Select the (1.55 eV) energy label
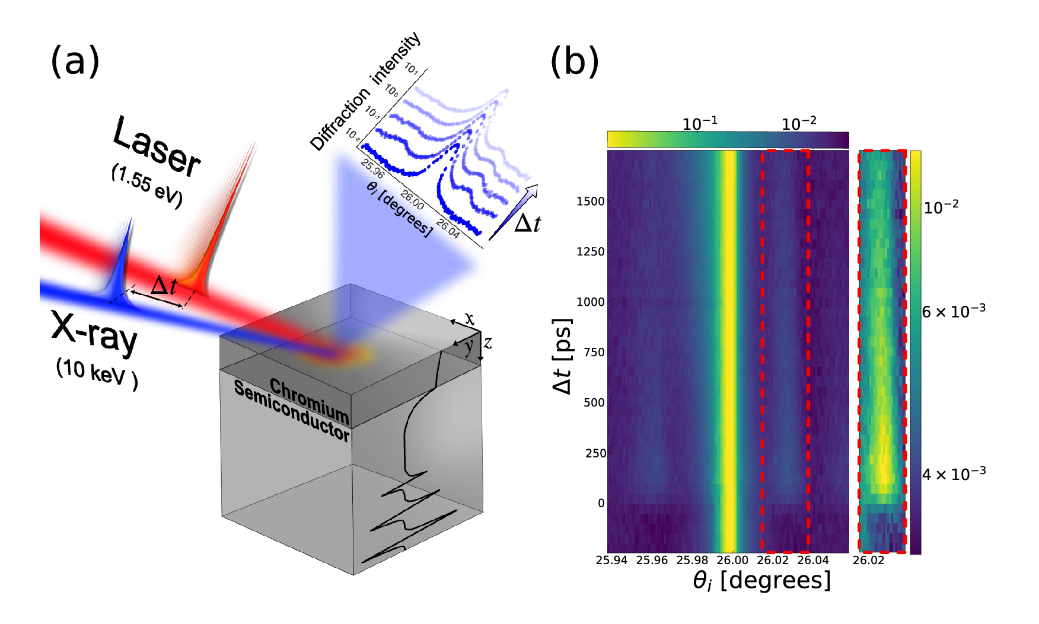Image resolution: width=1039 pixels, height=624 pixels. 146,186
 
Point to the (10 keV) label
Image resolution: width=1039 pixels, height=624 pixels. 97,374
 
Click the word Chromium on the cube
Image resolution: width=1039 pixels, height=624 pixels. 309,400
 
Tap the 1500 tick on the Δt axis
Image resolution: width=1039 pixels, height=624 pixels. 590,201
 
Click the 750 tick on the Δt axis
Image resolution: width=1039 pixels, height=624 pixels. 594,353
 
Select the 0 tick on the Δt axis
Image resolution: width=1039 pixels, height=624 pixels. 601,504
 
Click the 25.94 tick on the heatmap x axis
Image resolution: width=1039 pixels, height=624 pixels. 611,560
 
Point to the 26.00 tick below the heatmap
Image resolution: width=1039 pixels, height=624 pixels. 732,560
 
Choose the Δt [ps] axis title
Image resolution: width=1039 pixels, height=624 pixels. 562,357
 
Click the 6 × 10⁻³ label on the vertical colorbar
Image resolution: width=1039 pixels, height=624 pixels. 954,311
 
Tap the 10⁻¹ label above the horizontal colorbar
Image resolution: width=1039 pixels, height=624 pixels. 700,124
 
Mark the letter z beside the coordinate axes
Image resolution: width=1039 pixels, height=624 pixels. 487,343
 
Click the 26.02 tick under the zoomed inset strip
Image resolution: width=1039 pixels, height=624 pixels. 869,560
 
